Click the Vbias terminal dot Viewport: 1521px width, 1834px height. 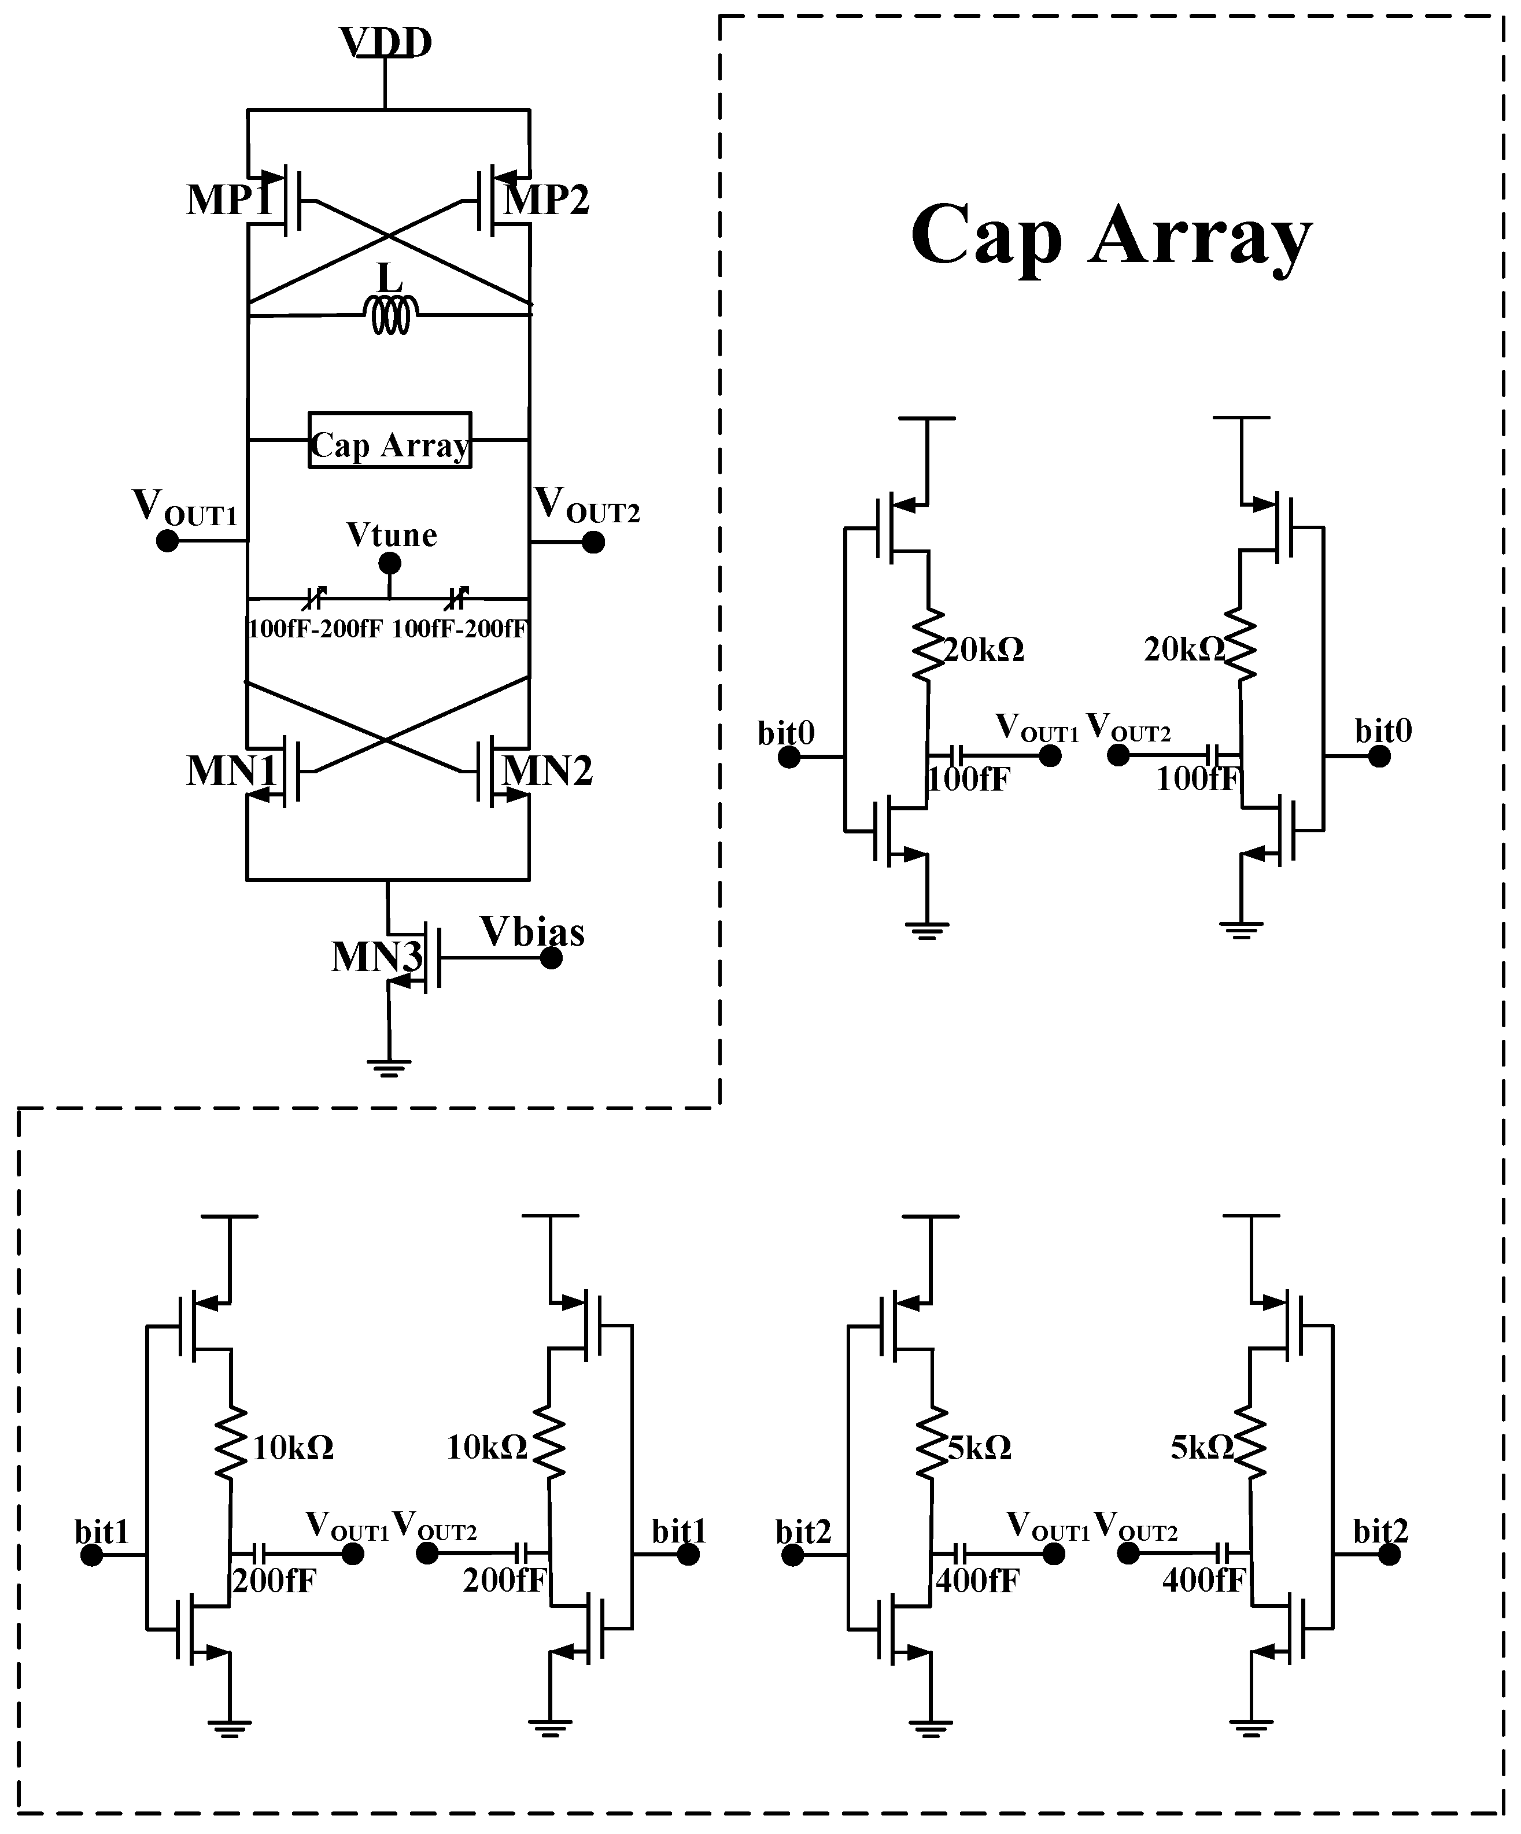click(551, 958)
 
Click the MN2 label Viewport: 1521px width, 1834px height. click(548, 770)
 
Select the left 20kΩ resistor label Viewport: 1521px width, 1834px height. click(983, 650)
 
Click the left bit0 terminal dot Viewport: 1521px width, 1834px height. click(788, 757)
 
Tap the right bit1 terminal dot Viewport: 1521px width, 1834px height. click(688, 1555)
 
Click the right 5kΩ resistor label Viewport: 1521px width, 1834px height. click(1201, 1448)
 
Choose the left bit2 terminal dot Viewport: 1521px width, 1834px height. click(792, 1555)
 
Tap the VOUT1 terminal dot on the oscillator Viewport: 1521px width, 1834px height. click(167, 541)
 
